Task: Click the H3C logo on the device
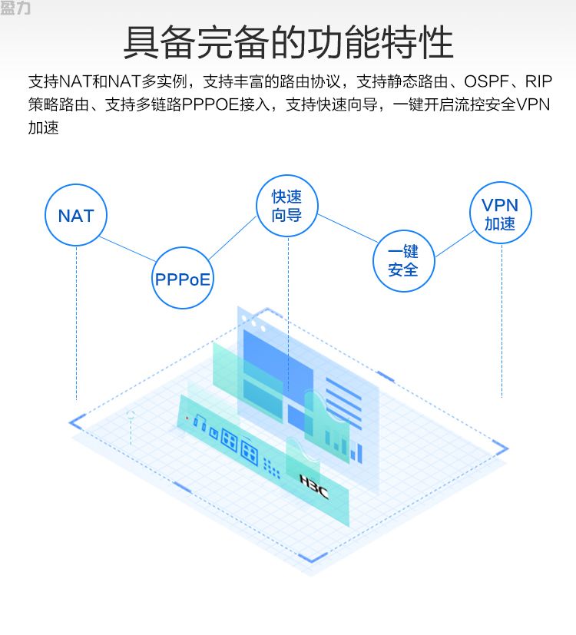click(x=314, y=486)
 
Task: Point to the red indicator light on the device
click(x=187, y=418)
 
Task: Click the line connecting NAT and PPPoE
click(x=127, y=249)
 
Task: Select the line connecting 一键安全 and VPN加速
click(x=454, y=244)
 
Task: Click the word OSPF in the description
click(x=486, y=82)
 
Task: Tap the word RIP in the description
click(x=538, y=82)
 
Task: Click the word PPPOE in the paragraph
click(x=210, y=105)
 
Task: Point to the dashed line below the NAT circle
click(x=76, y=323)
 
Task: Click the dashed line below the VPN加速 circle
click(x=502, y=321)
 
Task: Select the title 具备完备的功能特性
click(x=288, y=42)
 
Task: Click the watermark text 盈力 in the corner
click(x=15, y=8)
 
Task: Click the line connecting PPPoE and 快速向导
click(x=233, y=238)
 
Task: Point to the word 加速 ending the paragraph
click(x=43, y=128)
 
